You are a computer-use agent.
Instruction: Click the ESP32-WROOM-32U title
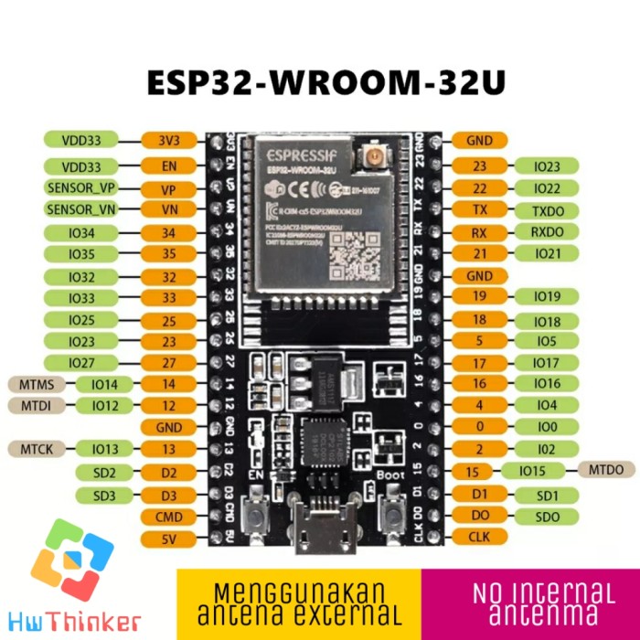click(x=326, y=82)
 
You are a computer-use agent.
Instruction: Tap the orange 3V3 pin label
click(x=168, y=141)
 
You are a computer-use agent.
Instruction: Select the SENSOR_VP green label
click(x=81, y=188)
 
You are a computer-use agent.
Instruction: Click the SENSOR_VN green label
click(x=81, y=209)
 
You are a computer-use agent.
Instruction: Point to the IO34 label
click(x=81, y=233)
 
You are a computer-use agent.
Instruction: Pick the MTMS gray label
click(x=30, y=383)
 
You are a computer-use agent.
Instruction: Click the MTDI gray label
click(x=30, y=405)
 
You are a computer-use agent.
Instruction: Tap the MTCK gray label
click(x=30, y=449)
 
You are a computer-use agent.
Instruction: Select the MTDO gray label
click(x=606, y=470)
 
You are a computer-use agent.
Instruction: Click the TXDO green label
click(x=547, y=209)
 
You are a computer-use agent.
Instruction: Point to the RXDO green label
click(x=547, y=231)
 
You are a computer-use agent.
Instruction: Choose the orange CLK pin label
click(x=479, y=537)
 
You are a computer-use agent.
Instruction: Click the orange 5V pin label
click(x=168, y=539)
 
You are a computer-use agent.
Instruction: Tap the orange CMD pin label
click(x=168, y=517)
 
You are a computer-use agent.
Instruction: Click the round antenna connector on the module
click(x=375, y=160)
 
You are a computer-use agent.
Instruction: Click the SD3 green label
click(x=105, y=496)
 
